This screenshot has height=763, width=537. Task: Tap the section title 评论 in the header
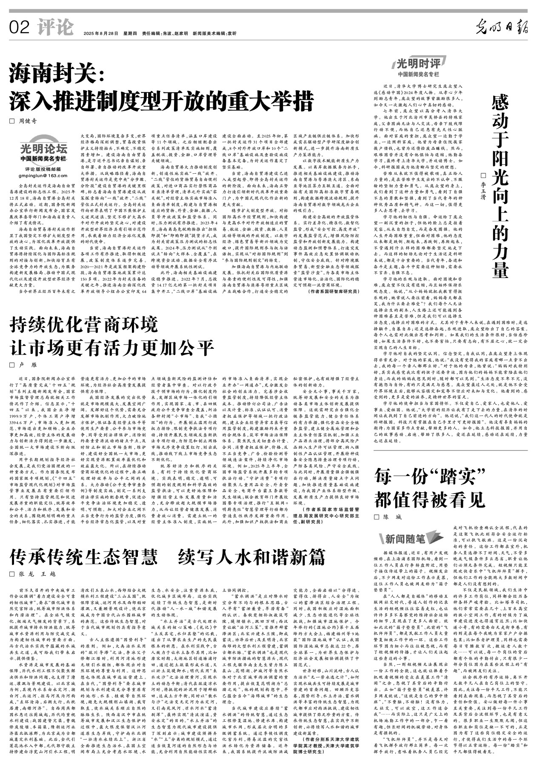click(55, 28)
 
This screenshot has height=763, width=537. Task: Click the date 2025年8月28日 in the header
click(100, 33)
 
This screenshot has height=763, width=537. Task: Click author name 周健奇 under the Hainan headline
click(28, 121)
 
